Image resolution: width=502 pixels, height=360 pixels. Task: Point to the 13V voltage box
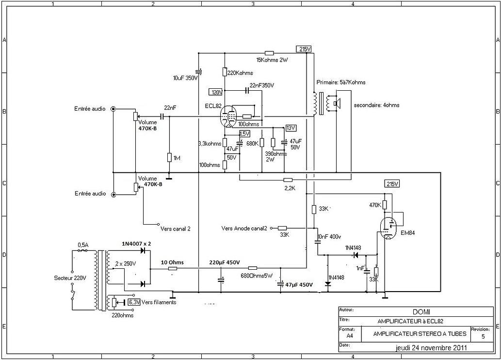click(291, 128)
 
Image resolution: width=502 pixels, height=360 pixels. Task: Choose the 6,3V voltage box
click(134, 302)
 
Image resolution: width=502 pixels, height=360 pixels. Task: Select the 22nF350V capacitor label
click(262, 85)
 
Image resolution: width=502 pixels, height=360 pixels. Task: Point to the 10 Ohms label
click(173, 262)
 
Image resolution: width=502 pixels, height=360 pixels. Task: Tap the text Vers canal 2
click(175, 228)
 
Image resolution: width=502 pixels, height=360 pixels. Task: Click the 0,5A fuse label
click(83, 245)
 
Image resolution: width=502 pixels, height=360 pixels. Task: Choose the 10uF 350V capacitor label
click(185, 78)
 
